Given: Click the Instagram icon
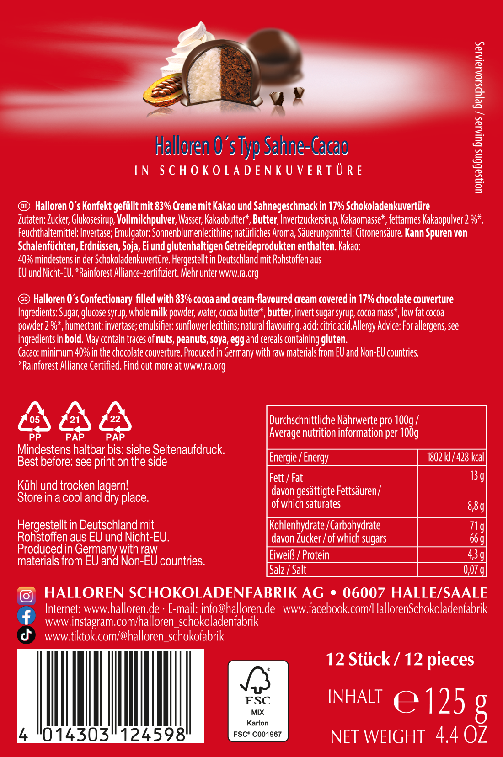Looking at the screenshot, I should click(x=27, y=596).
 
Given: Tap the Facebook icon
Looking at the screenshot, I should click(x=27, y=615).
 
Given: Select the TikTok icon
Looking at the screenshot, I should click(x=27, y=634).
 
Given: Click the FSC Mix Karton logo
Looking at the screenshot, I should click(x=258, y=701).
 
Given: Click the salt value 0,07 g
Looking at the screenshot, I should click(x=473, y=570).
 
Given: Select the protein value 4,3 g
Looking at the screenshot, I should click(x=476, y=554).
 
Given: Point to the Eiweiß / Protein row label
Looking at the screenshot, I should click(x=299, y=554).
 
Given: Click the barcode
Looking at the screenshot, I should click(x=111, y=695).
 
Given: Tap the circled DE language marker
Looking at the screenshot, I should click(x=24, y=206).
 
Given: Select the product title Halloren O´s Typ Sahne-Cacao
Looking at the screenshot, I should click(x=251, y=146).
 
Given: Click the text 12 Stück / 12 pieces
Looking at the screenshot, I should click(x=400, y=659).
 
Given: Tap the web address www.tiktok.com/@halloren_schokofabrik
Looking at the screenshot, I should click(x=134, y=636).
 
